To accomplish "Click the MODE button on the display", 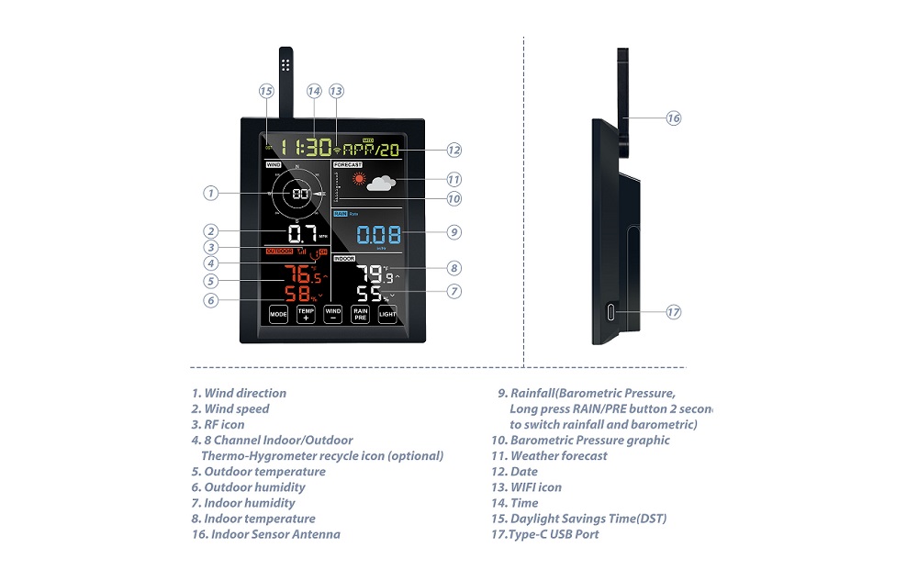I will (278, 314).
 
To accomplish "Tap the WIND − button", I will (333, 314).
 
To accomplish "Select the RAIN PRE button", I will (361, 314).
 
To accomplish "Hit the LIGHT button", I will (388, 314).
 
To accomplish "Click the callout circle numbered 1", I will (211, 193).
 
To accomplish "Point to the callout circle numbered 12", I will (453, 150).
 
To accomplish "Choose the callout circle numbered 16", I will (673, 118).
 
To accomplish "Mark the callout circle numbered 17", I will (673, 312).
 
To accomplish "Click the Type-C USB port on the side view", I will (611, 312).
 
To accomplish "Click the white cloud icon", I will (381, 183).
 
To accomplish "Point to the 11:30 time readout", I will (307, 147).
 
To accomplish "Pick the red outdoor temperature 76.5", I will (303, 274).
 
